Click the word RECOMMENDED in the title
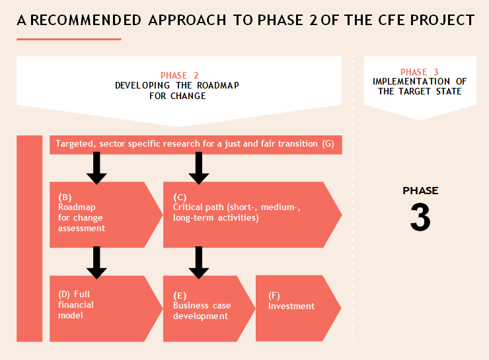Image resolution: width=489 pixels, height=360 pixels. (86, 20)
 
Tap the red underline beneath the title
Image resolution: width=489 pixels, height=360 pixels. (69, 39)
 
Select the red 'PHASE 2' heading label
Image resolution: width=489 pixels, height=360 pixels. (179, 75)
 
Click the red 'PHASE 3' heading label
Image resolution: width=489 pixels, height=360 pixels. (420, 72)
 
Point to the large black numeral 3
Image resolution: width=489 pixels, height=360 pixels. (420, 217)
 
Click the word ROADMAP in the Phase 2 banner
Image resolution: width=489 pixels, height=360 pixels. (218, 85)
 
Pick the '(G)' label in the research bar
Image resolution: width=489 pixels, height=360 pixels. (328, 144)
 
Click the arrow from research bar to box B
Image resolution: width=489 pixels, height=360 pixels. (96, 168)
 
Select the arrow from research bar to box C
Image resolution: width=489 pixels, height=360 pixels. (199, 168)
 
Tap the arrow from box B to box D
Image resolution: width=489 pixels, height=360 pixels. (96, 262)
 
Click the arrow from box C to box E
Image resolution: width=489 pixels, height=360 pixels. (199, 262)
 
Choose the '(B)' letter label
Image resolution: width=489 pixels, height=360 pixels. (65, 198)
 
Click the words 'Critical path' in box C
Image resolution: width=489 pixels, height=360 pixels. (198, 207)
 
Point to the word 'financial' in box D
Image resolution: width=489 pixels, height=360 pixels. (76, 305)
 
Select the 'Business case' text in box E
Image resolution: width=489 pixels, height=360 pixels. (202, 305)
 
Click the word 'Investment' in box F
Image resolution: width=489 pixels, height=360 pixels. (291, 306)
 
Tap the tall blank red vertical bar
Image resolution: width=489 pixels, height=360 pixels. (29, 238)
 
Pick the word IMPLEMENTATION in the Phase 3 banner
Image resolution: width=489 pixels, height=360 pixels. (411, 81)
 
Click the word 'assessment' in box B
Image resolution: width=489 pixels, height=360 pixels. (81, 228)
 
